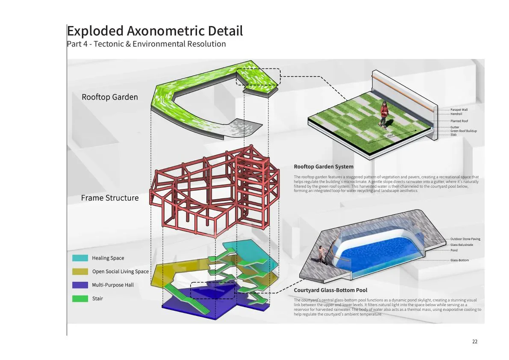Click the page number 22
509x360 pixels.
point(474,342)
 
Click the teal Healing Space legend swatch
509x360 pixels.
point(80,258)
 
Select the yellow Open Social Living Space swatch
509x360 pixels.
point(80,271)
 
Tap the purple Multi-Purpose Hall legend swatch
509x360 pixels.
point(80,285)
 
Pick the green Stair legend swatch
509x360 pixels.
point(80,299)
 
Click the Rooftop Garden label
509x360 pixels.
point(110,97)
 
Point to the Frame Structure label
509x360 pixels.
point(110,198)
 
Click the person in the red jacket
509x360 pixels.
point(384,114)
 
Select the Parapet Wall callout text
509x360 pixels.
point(459,110)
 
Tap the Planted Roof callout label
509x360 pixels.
point(459,121)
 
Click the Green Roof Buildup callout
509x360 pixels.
point(464,131)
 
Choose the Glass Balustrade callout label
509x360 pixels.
point(462,245)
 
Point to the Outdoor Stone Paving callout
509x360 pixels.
point(465,239)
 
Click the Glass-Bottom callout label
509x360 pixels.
point(459,260)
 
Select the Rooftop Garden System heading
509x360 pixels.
point(324,167)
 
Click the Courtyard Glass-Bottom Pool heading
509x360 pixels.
point(330,290)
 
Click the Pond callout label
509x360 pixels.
point(454,250)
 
